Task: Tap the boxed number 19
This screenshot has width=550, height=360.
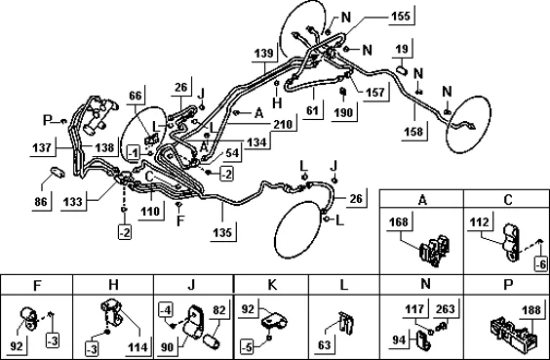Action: (402, 49)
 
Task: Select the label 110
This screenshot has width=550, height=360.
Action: (150, 211)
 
